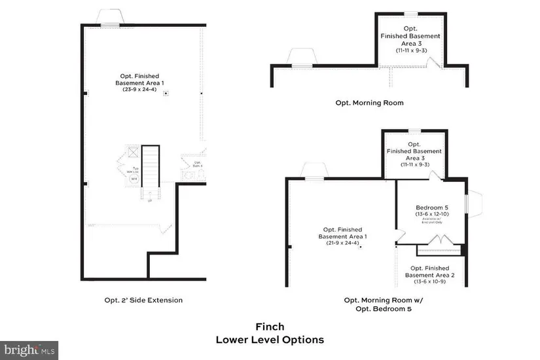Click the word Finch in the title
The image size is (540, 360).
click(x=269, y=327)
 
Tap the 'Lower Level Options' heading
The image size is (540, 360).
click(x=269, y=340)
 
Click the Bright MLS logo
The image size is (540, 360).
click(x=29, y=350)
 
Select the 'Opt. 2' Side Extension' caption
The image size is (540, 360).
click(x=143, y=300)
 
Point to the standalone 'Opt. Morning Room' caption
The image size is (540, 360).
click(x=369, y=103)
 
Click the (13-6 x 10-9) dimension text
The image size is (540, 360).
click(x=429, y=282)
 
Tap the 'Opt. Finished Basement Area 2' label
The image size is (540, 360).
click(x=429, y=272)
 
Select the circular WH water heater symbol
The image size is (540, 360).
click(x=134, y=178)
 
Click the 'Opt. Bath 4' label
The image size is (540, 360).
click(x=197, y=164)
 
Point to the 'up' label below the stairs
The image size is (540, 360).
click(x=151, y=200)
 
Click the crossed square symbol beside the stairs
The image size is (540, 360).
click(x=134, y=152)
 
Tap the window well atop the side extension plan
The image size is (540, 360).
click(x=109, y=18)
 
